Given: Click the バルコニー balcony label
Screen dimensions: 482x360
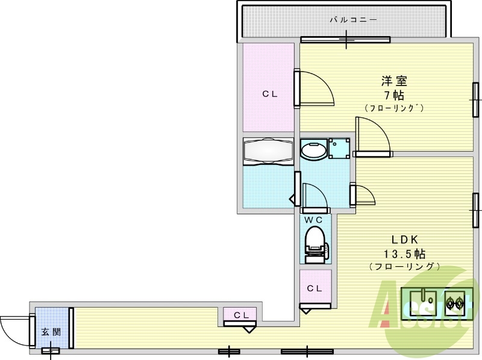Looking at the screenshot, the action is [353, 20].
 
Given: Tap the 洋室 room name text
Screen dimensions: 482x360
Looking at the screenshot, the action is [394, 81].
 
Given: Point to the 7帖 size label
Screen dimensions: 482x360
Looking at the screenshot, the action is [394, 96].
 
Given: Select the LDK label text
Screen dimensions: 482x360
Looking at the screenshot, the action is [404, 239].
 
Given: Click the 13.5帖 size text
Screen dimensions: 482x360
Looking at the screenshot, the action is [404, 253].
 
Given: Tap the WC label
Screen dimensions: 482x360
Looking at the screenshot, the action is [313, 220].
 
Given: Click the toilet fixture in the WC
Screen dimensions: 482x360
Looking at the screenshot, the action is [316, 244].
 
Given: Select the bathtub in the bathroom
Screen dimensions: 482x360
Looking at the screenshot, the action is [268, 151].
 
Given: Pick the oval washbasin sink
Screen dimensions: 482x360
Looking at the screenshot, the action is [313, 149].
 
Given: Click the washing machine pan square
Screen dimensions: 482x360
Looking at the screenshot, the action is [339, 148].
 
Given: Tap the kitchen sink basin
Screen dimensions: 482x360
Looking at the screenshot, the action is [424, 303].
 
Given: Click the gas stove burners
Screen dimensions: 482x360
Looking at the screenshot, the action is [455, 302].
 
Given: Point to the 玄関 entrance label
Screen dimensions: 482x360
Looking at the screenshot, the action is [51, 332].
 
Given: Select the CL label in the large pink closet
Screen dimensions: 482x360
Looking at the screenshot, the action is [270, 94].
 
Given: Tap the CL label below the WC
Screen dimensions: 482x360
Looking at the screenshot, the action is [315, 288].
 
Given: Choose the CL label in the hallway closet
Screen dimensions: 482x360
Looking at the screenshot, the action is [242, 315].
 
